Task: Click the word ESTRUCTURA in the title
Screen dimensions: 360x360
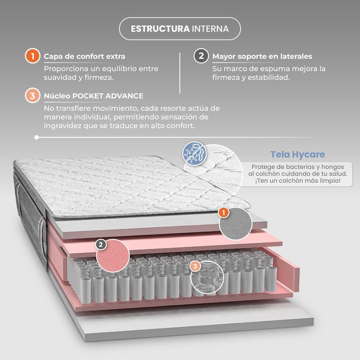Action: point(160,29)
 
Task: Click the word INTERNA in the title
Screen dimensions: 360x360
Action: point(210,29)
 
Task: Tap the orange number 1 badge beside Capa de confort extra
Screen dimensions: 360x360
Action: point(32,56)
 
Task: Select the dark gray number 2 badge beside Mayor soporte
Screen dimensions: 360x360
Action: point(201,56)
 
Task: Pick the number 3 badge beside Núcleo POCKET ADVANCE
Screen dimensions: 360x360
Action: point(32,95)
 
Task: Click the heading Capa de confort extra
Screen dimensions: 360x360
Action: point(85,56)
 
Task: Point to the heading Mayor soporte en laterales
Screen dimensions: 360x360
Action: point(262,56)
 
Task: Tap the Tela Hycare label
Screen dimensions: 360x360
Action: point(297,154)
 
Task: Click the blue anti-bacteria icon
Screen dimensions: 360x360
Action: point(194,153)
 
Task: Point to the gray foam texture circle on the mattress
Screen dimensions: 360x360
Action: point(235,224)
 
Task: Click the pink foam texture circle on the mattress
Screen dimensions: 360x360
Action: point(113,256)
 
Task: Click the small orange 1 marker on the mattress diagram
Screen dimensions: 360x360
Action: point(223,212)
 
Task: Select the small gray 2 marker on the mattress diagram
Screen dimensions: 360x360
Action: point(101,245)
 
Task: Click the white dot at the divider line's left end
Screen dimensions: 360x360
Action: point(36,137)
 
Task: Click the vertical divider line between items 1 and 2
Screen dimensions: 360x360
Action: point(180,73)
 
